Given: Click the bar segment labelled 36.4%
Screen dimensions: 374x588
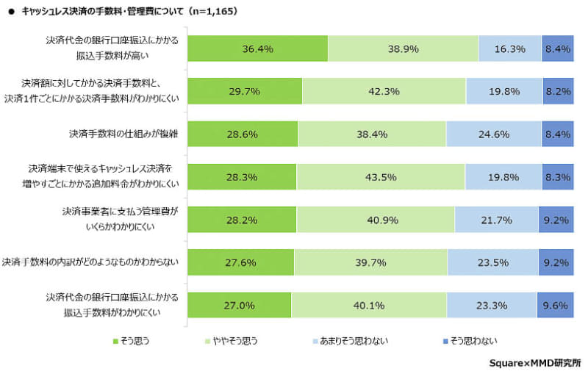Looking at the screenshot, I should pos(257,48).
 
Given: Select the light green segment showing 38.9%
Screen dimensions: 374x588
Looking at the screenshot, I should pos(403,48).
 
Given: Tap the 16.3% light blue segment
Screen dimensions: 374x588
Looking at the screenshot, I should pos(509,48).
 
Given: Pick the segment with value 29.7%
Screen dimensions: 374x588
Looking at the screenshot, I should pos(245,91).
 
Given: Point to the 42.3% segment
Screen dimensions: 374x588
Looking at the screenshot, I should pos(384,91).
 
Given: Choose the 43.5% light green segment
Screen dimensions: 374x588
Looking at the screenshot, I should pos(381,176).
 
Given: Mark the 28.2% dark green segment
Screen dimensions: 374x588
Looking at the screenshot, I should pos(242,219).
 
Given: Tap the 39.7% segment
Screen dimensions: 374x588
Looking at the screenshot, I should pos(370,262).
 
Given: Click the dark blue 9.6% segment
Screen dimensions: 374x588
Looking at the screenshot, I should pos(556,304).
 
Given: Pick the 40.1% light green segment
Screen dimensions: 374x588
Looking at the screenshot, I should pos(369,304).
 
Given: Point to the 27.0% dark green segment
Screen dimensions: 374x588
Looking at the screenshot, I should pos(240,304).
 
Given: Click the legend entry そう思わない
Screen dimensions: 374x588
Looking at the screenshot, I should pos(471,340).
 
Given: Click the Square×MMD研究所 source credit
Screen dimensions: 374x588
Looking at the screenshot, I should pos(534,362).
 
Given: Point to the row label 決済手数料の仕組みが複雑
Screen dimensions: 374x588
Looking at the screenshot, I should pos(124,134).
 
